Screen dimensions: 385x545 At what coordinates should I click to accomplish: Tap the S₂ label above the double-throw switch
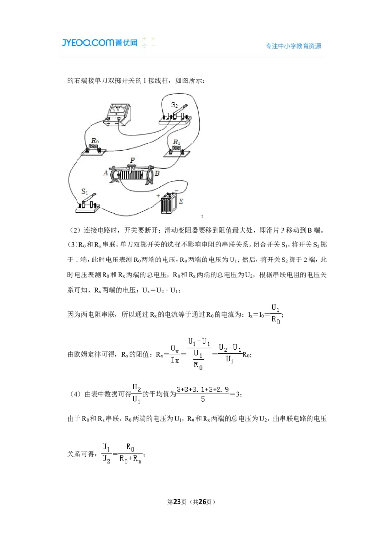click(x=174, y=105)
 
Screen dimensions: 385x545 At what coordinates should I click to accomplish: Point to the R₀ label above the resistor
click(x=95, y=141)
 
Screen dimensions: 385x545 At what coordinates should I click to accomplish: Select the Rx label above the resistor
click(x=177, y=142)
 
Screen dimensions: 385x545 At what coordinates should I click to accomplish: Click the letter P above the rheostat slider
click(x=132, y=160)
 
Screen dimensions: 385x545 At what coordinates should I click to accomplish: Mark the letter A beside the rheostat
click(x=105, y=173)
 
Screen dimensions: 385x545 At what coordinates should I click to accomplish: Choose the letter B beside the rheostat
click(x=157, y=173)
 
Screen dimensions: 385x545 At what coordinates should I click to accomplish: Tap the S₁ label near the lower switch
click(x=84, y=191)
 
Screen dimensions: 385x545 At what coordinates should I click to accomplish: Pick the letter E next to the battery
click(x=181, y=201)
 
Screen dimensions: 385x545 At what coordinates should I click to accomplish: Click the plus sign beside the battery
click(x=158, y=196)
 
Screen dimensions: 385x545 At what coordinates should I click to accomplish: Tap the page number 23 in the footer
click(x=177, y=502)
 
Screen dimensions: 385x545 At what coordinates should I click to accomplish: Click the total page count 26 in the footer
click(x=202, y=502)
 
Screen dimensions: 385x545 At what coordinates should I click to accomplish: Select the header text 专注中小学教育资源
click(x=293, y=46)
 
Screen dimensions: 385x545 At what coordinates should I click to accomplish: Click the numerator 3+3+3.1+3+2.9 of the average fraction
click(x=203, y=389)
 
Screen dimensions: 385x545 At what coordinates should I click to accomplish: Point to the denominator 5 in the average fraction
click(x=203, y=399)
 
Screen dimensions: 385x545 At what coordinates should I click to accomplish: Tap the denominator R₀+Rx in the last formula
click(x=130, y=459)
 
